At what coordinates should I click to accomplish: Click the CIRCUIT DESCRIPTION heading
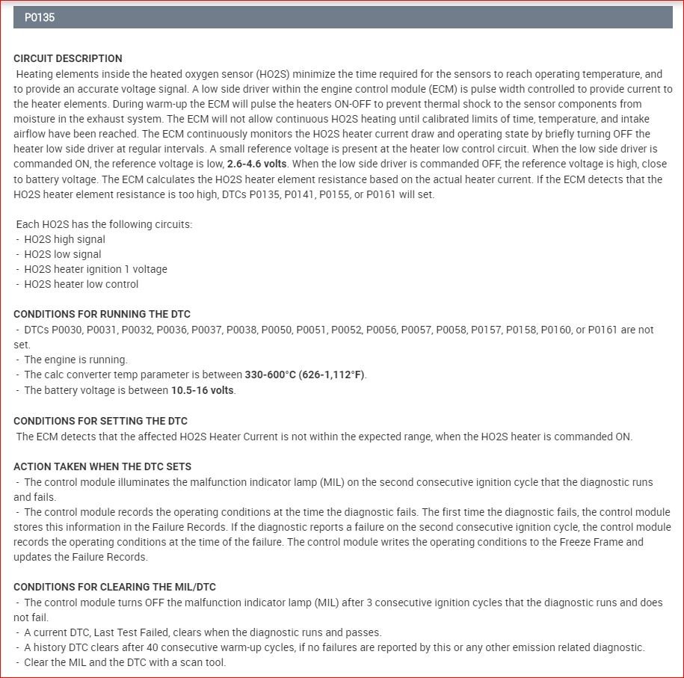click(x=68, y=58)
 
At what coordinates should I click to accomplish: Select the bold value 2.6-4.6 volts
click(x=267, y=164)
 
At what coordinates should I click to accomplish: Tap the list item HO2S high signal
click(x=64, y=239)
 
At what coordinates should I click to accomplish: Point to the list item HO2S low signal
click(x=63, y=254)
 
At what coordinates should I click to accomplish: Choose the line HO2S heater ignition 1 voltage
click(x=96, y=269)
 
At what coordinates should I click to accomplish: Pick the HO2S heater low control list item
click(x=81, y=284)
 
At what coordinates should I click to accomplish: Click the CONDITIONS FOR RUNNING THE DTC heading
click(x=102, y=314)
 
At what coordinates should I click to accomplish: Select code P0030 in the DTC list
click(x=69, y=330)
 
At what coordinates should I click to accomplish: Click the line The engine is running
click(x=76, y=360)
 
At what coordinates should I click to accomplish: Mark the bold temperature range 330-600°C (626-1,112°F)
click(x=305, y=375)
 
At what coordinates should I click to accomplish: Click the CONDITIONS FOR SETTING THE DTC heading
click(x=100, y=421)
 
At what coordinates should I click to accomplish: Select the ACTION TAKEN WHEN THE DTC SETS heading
click(x=102, y=466)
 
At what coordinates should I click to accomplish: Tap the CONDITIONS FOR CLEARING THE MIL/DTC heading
click(x=114, y=587)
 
